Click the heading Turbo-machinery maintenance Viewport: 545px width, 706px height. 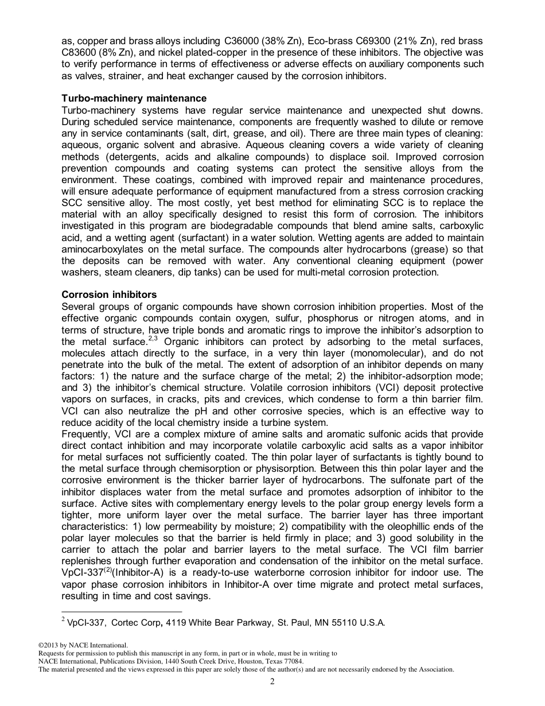coord(134,99)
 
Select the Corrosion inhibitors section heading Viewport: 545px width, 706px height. coord(108,294)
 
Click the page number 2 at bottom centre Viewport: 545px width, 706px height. coord(272,681)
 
